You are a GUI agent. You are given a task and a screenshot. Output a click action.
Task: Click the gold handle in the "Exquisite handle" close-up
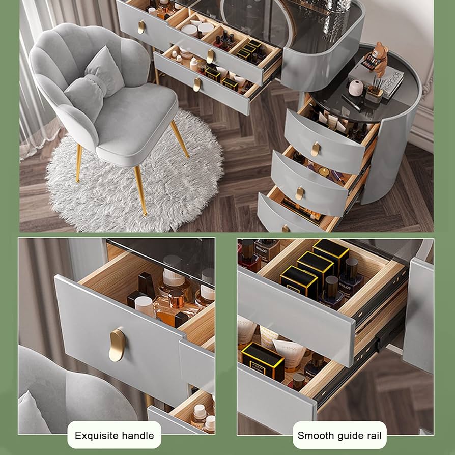(117, 345)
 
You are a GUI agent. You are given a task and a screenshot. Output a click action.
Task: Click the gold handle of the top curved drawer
(316, 149)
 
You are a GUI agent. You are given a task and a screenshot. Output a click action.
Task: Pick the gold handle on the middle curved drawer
(300, 193)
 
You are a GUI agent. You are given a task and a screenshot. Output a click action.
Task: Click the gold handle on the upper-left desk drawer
(141, 27)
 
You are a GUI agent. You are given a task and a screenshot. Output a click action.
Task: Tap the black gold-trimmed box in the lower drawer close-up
(263, 361)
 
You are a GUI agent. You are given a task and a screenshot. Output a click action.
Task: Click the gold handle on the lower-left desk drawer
(197, 84)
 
